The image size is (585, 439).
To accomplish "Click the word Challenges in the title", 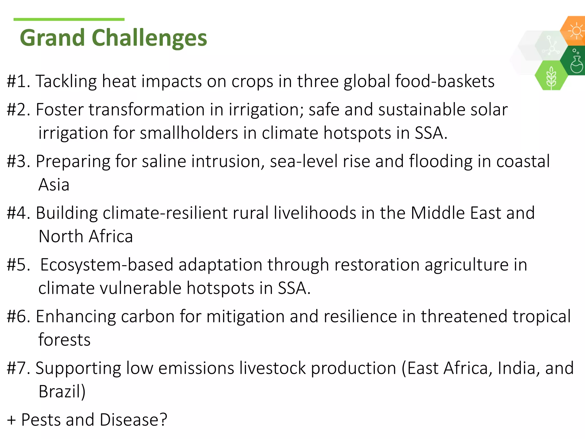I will [149, 38].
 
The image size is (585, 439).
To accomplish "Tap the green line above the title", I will [69, 19].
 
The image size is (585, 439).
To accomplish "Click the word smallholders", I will [189, 133].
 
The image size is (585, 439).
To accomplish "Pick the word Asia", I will [54, 185].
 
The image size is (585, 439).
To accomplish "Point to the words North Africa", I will [86, 236].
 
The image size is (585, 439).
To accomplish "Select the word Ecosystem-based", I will [107, 265].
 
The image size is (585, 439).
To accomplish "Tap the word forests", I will [65, 340].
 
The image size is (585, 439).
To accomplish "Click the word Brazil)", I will [62, 392].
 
